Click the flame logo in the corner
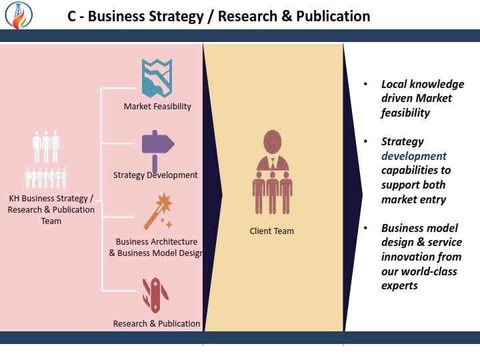pyautogui.click(x=19, y=15)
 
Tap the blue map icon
pyautogui.click(x=157, y=78)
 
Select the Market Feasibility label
pyautogui.click(x=157, y=107)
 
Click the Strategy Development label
pyautogui.click(x=155, y=175)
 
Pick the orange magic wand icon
pyautogui.click(x=158, y=211)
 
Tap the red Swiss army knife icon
pyautogui.click(x=155, y=295)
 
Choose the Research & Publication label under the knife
pyautogui.click(x=157, y=323)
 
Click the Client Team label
pyautogui.click(x=272, y=231)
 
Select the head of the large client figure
pyautogui.click(x=272, y=142)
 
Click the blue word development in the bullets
pyautogui.click(x=414, y=157)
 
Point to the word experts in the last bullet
pyautogui.click(x=399, y=285)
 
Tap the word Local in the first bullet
pyautogui.click(x=394, y=84)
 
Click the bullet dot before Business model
pyautogui.click(x=365, y=228)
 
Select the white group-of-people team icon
pyautogui.click(x=46, y=159)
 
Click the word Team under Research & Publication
pyautogui.click(x=51, y=221)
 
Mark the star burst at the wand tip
pyautogui.click(x=165, y=202)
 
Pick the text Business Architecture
pyautogui.click(x=157, y=242)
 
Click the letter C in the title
pyautogui.click(x=71, y=17)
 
